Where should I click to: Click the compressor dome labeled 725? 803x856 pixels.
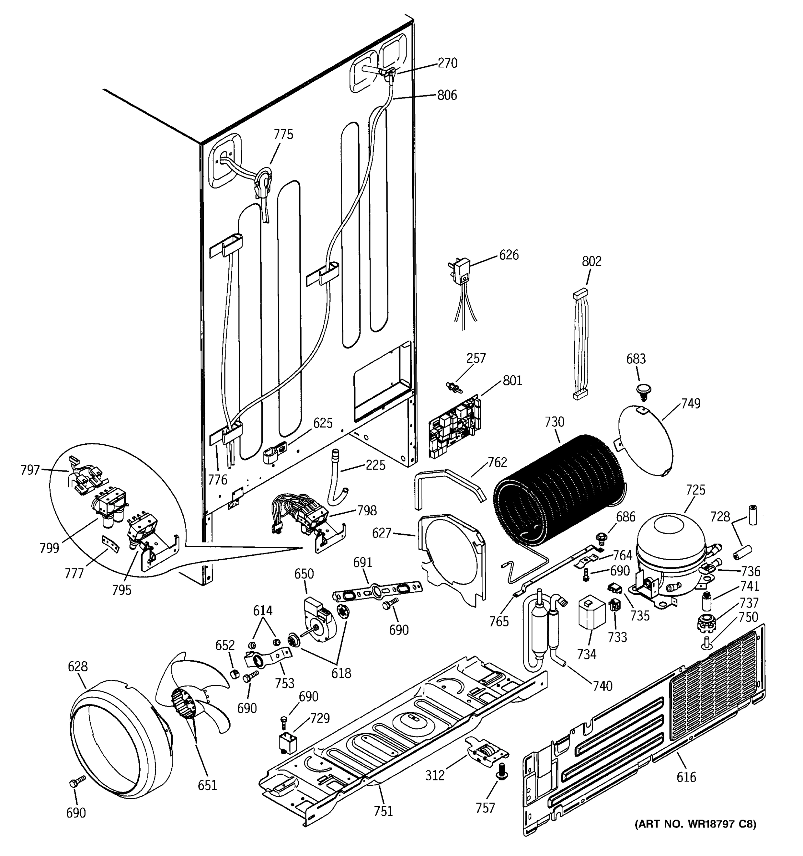[x=670, y=542]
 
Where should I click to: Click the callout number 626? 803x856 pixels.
[x=509, y=255]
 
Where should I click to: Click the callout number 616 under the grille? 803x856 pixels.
[x=686, y=777]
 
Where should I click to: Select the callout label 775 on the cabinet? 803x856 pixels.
[x=283, y=134]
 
